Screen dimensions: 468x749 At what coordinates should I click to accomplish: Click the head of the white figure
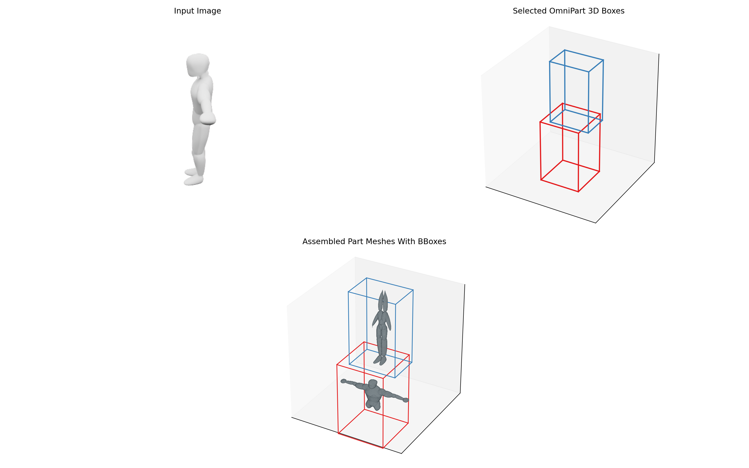pos(198,64)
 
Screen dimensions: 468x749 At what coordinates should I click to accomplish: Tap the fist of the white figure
pos(208,119)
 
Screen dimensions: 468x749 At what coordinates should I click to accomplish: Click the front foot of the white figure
pos(193,180)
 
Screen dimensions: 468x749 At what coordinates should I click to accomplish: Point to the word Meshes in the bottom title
pos(378,242)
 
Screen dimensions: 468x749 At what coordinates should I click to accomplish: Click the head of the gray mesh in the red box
pos(373,384)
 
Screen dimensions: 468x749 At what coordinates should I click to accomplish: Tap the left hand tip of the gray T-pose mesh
pos(343,381)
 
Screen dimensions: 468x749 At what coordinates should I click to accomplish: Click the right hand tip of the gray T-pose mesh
pos(406,400)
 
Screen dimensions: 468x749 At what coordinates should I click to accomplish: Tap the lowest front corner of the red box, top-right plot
pos(578,192)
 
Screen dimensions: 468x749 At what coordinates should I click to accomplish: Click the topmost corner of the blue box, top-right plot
pos(565,50)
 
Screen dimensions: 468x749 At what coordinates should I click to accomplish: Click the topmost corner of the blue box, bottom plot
pos(366,278)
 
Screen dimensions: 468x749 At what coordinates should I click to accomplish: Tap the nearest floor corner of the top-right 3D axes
pos(596,223)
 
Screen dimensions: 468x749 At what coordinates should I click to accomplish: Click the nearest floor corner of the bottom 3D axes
pos(402,453)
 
